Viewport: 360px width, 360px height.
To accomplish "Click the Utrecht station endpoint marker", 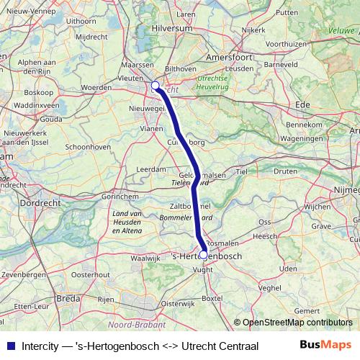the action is pyautogui.click(x=156, y=86).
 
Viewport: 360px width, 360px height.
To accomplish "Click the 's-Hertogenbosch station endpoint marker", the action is pyautogui.click(x=203, y=255).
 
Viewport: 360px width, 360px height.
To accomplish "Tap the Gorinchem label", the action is pyautogui.click(x=101, y=196).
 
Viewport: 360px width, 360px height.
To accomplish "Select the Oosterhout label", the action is pyautogui.click(x=91, y=274).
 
